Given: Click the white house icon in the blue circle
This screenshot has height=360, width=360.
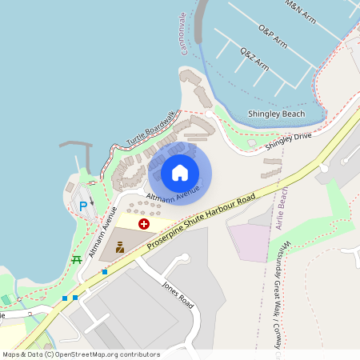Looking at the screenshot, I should tap(180, 172).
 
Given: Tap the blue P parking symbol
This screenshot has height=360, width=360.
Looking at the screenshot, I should tap(82, 206).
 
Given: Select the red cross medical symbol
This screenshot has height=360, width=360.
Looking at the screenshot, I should tap(143, 225).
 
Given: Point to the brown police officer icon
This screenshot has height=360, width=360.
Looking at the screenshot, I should tap(120, 248).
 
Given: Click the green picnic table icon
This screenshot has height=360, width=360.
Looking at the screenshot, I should tap(77, 259).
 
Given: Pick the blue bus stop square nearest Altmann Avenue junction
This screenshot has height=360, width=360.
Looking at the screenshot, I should tap(104, 272).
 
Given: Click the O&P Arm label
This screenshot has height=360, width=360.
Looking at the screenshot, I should tap(272, 36).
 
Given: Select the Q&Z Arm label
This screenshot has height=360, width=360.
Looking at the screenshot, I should tap(254, 60).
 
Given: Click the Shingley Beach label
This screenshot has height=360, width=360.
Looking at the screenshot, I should tap(277, 114).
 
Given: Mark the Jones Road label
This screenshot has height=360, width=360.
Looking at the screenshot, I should tap(178, 295).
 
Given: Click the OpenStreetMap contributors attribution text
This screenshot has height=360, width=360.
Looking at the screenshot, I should tap(80, 354).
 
